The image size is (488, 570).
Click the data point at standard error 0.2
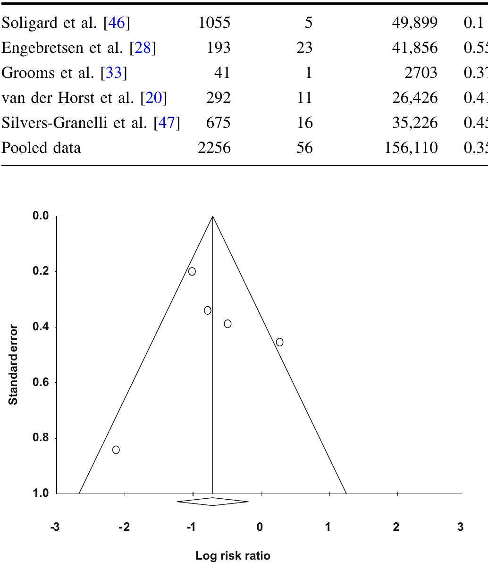192,271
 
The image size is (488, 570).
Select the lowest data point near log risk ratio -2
116,450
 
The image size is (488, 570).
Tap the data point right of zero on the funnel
279,342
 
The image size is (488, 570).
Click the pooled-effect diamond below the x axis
212,502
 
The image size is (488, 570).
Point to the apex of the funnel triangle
213,217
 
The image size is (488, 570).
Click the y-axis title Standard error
14,365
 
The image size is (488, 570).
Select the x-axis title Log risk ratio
233,556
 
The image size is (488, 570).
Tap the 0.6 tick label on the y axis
41,383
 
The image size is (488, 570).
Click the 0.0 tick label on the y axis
41,216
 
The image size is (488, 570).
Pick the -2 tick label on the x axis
124,527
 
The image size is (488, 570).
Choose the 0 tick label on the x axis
260,527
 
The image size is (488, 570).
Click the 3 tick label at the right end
460,527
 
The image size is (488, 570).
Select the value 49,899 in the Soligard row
414,23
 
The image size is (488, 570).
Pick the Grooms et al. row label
64,73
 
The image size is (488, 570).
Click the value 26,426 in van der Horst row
414,98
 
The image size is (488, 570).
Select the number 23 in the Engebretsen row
304,48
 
